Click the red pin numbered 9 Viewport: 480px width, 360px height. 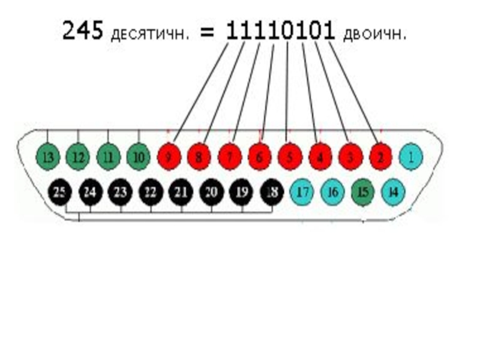[x=169, y=157]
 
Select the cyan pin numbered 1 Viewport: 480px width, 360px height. [x=411, y=157]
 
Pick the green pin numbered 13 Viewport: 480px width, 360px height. [x=47, y=157]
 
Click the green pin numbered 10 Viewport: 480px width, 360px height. [x=139, y=157]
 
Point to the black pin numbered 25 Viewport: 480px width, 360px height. [x=59, y=192]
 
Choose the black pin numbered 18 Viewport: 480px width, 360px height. [x=272, y=192]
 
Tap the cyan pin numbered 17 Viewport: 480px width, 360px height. [x=302, y=192]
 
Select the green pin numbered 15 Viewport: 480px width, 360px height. [x=363, y=192]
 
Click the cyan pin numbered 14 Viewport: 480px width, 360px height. [x=394, y=192]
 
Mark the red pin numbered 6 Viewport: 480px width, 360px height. [x=260, y=157]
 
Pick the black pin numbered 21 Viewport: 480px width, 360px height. [x=181, y=192]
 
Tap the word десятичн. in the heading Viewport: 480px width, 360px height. [x=149, y=34]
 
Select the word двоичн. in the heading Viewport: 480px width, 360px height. [x=375, y=34]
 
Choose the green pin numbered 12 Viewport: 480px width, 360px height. [x=77, y=157]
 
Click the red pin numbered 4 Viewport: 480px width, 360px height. [x=320, y=157]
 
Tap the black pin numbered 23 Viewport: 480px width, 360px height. [x=120, y=192]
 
